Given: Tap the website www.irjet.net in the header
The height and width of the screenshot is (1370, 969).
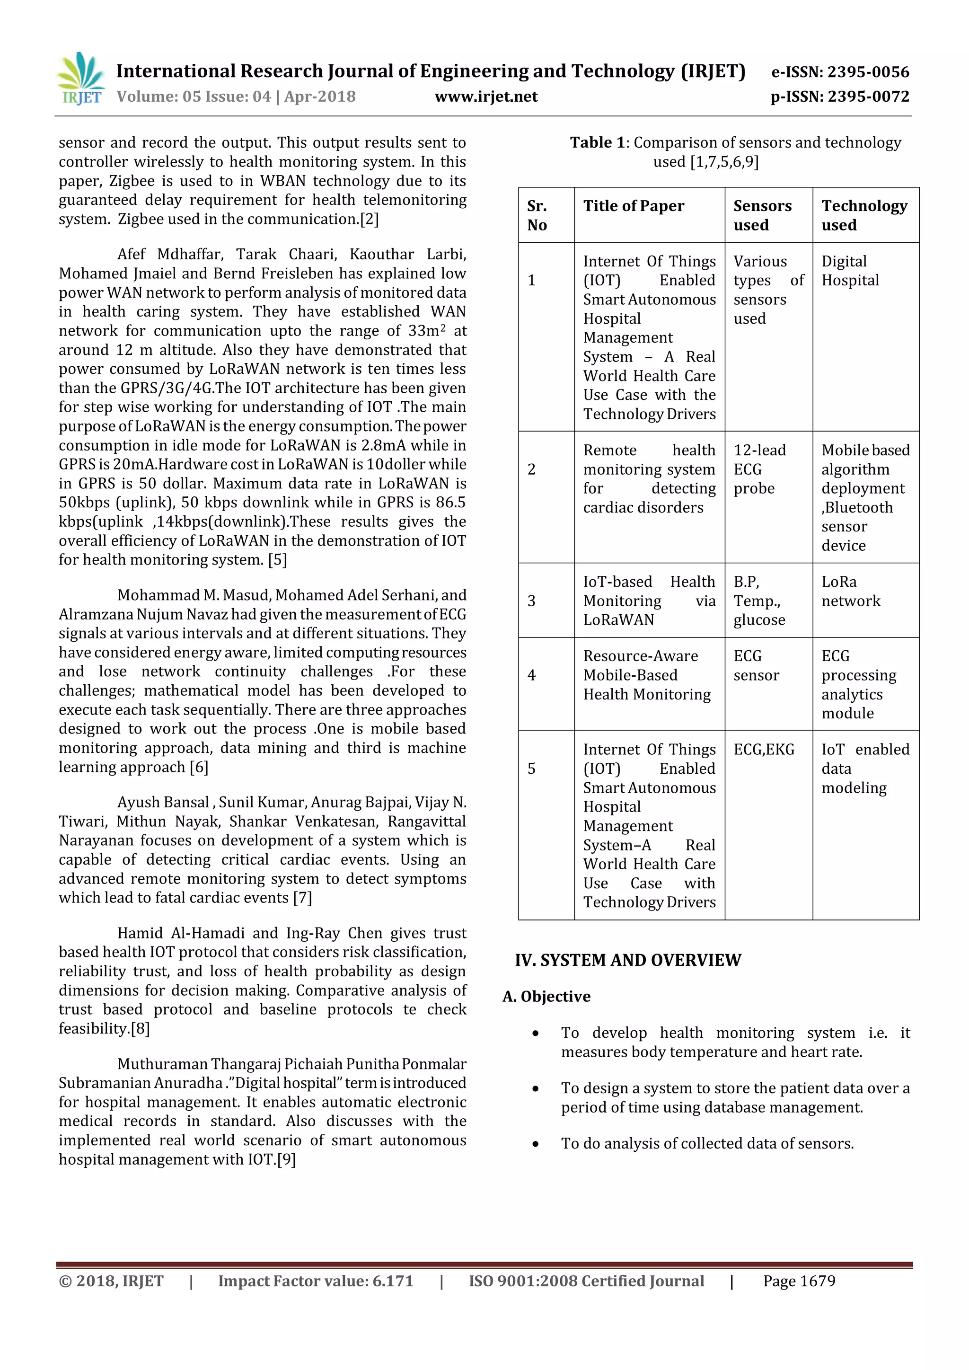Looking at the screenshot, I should (x=486, y=97).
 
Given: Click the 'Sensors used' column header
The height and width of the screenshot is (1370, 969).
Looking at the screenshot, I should (x=762, y=215).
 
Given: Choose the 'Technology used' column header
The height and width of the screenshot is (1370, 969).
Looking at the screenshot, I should (x=864, y=215).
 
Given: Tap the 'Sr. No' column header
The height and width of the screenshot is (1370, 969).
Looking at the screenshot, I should (x=537, y=215).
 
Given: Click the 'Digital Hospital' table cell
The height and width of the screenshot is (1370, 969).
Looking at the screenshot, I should (x=850, y=271).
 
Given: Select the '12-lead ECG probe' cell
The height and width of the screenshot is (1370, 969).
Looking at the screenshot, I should (x=759, y=469).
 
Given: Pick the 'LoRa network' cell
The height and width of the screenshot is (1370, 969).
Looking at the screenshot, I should (x=850, y=592).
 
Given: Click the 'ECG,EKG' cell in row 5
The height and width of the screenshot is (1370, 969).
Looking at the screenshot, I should (x=764, y=750).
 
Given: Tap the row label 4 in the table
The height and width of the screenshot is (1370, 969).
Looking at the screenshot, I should (x=532, y=675).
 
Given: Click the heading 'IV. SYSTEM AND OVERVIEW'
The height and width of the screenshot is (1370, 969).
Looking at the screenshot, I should (x=628, y=960).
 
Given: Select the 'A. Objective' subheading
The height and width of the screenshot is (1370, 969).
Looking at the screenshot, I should (x=546, y=997).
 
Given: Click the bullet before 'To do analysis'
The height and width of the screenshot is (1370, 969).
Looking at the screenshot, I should (x=536, y=1144).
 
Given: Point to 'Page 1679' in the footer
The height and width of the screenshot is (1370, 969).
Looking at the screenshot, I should (x=799, y=1281).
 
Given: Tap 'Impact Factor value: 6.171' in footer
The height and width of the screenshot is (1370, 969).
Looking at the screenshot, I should (x=316, y=1281).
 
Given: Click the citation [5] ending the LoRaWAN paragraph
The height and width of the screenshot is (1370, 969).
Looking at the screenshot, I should (x=277, y=560).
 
